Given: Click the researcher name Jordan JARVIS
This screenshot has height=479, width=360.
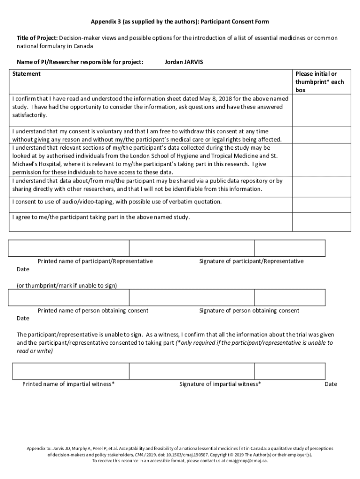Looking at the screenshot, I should coord(184,62).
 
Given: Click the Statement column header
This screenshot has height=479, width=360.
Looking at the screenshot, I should coord(26,74).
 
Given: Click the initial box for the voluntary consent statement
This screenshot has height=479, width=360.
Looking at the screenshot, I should coord(321,135).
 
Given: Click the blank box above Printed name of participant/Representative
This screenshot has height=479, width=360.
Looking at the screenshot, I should coord(69,248).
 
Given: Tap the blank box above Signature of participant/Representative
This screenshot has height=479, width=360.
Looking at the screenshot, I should coord(192,248).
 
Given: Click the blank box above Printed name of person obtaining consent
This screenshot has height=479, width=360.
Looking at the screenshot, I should coord(69,297).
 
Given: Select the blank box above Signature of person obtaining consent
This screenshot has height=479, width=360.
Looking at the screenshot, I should coord(192,297).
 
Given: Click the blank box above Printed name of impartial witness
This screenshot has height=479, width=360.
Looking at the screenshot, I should coord(69,371).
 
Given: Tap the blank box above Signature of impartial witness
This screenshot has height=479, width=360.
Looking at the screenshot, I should coord(192,371).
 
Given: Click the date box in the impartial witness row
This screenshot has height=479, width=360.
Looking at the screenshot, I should coord(289,371).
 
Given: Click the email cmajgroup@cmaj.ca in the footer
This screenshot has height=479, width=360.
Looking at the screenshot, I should coord(247,460).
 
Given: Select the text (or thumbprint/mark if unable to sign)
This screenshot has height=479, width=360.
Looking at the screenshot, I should coord(67,285).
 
